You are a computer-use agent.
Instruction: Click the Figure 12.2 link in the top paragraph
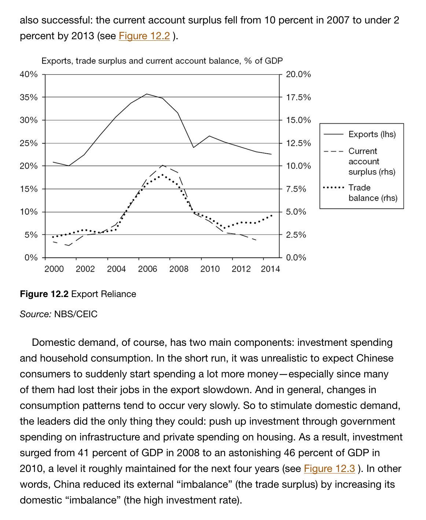coord(144,36)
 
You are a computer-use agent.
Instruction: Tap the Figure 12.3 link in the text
coord(329,468)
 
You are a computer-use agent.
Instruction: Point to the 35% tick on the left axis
coord(29,98)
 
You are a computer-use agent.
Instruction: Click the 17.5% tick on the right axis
coord(298,98)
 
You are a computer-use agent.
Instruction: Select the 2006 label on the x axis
coord(147,269)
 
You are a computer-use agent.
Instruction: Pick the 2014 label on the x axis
coord(270,269)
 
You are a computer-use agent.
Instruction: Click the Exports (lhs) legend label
coord(372,134)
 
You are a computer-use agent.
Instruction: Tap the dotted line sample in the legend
coord(334,188)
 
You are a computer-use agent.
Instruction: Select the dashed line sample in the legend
coord(333,151)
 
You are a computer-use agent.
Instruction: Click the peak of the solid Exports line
coord(147,94)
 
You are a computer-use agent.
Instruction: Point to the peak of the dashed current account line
coord(162,165)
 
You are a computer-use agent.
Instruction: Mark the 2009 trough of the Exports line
coord(194,147)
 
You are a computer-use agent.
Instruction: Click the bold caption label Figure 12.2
coord(44,294)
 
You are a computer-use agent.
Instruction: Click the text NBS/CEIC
coord(76,314)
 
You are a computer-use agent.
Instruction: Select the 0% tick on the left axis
coord(31,258)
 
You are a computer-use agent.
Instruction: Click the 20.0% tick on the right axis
coord(298,74)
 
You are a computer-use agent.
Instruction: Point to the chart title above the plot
coord(162,61)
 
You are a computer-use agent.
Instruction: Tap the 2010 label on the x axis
coord(210,269)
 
